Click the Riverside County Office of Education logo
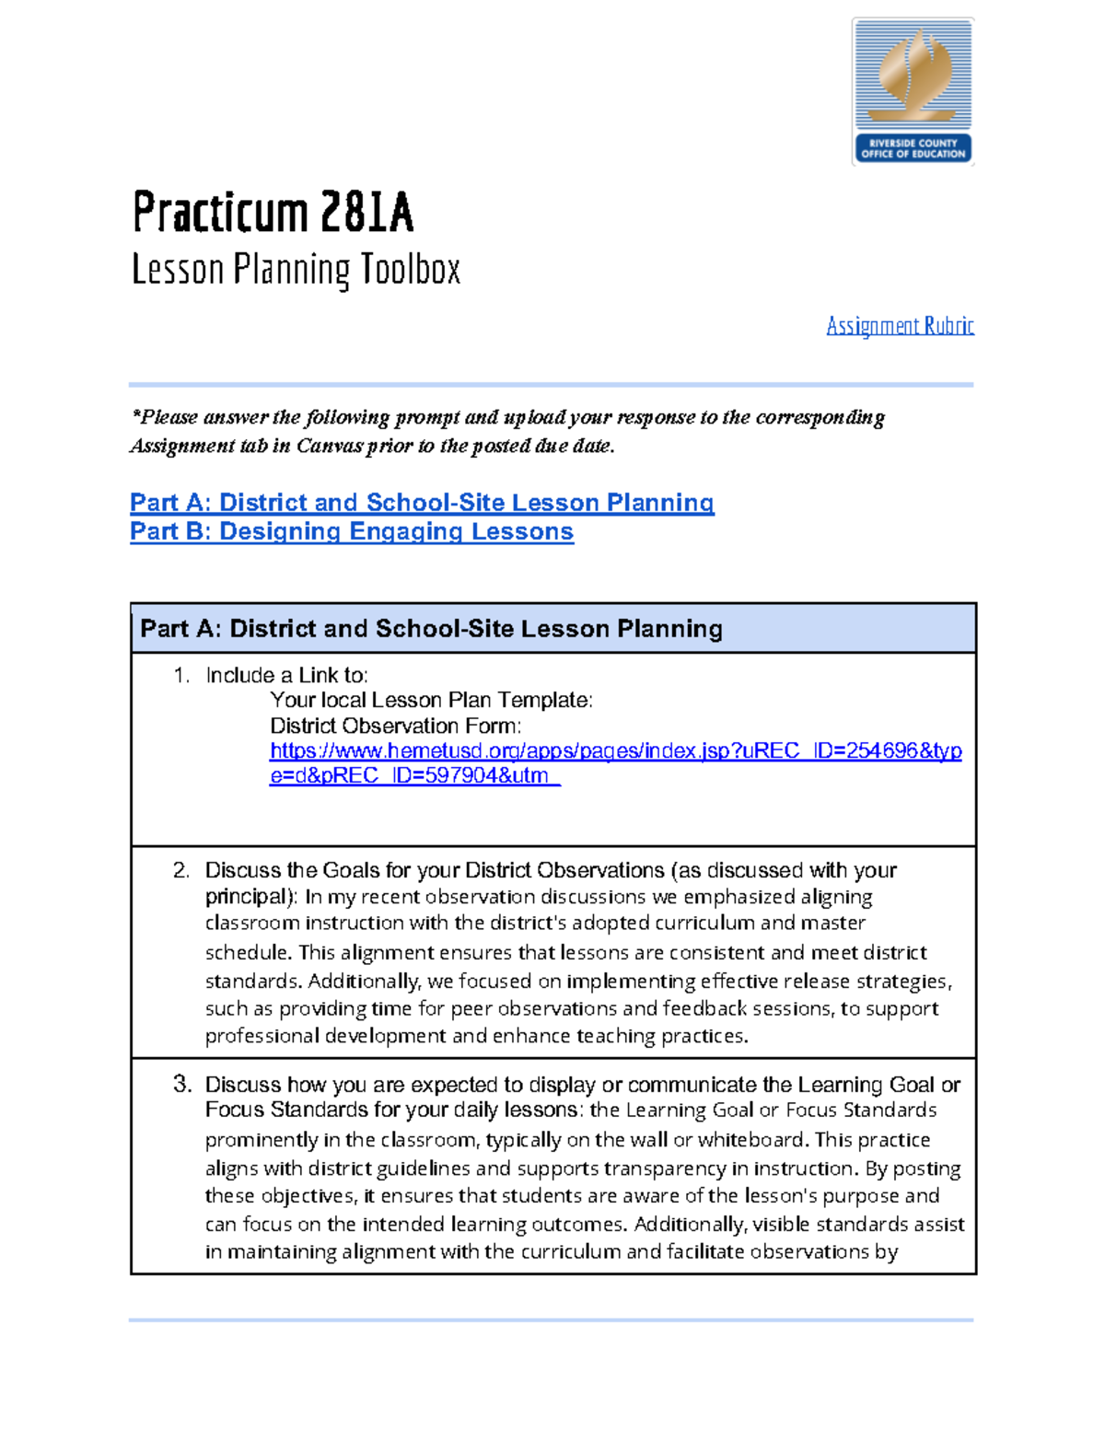913,90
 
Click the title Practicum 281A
273,213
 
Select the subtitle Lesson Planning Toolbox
296,270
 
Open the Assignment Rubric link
900,326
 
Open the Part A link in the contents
422,503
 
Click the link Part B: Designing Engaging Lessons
352,532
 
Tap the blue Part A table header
552,629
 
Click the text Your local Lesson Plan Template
431,701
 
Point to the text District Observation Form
395,727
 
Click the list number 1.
181,676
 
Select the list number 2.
181,871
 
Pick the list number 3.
181,1085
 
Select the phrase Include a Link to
286,676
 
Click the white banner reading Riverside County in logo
913,148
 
